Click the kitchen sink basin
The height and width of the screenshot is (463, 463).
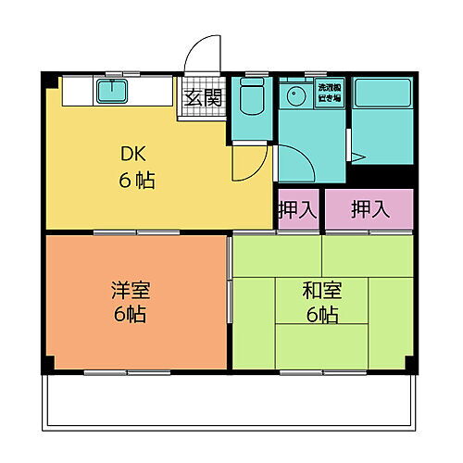point(113,91)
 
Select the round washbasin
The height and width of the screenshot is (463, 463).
point(296,95)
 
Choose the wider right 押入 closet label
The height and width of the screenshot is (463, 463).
point(368,209)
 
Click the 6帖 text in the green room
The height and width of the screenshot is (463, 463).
point(321,315)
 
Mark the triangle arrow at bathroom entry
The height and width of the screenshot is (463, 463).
point(357,156)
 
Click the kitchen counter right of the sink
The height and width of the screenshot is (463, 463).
point(153,92)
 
